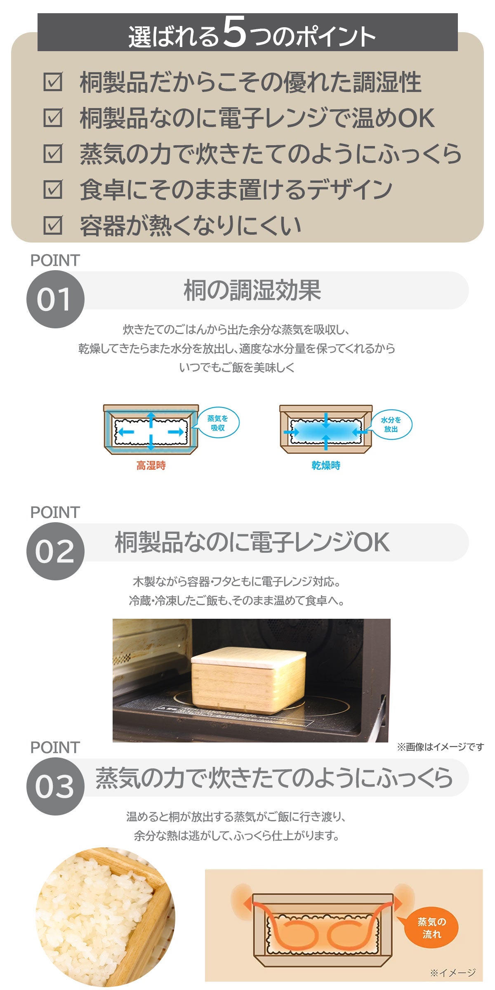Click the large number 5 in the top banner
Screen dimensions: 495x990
[x=235, y=32]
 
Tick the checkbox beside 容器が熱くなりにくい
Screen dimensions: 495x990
[x=53, y=225]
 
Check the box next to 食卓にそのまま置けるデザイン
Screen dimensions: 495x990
[x=53, y=189]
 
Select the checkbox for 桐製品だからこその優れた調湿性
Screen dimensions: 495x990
[x=53, y=82]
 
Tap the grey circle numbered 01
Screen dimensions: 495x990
[x=55, y=299]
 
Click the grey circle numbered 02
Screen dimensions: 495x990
[x=55, y=551]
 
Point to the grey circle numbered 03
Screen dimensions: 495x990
[x=55, y=786]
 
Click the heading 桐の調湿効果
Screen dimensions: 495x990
[x=252, y=290]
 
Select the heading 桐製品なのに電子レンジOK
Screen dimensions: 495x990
[x=252, y=542]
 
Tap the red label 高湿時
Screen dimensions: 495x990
[x=151, y=465]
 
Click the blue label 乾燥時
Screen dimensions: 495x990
[x=326, y=465]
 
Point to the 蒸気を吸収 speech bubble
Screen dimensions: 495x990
[x=217, y=423]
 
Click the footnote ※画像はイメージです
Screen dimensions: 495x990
[x=440, y=747]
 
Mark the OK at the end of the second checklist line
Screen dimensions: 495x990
[x=416, y=118]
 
